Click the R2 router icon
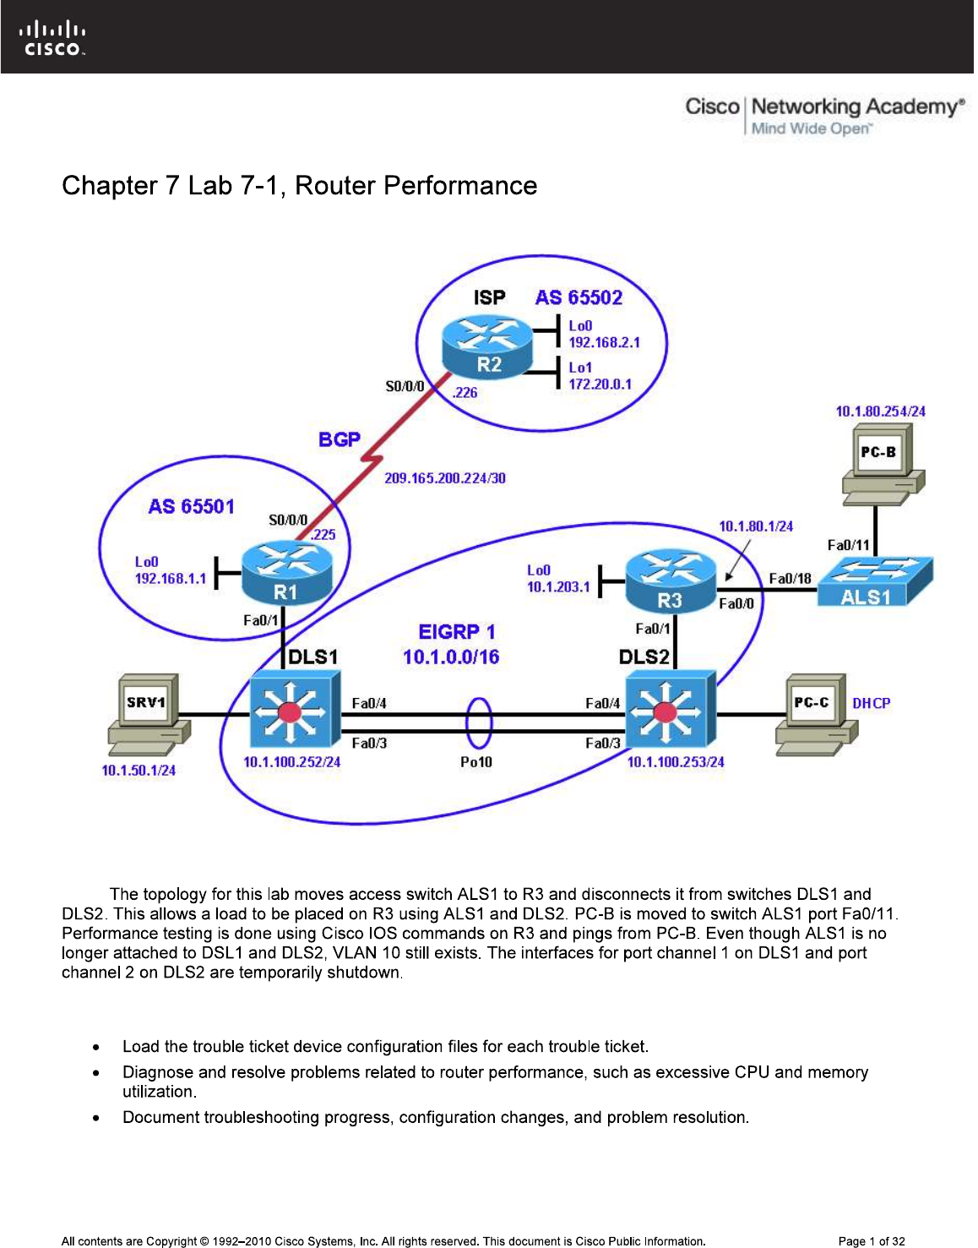point(488,346)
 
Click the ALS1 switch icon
point(875,581)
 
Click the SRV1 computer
point(149,714)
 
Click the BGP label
point(340,439)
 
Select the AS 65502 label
point(579,297)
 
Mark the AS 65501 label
point(191,506)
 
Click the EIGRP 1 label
point(457,632)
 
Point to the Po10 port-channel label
point(476,762)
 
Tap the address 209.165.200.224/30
point(445,478)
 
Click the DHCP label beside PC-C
point(871,703)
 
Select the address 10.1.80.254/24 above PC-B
point(880,411)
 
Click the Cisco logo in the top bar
point(52,39)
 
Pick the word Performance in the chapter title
point(460,185)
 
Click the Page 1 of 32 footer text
point(871,1241)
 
